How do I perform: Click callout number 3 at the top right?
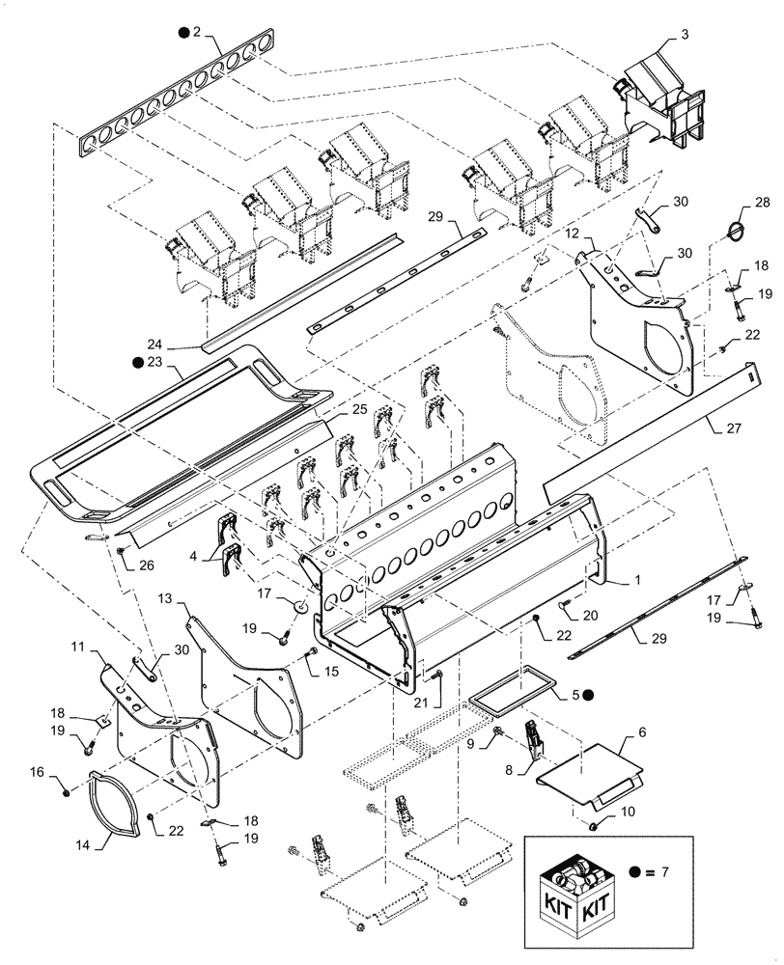pyautogui.click(x=684, y=36)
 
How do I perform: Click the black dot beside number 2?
pyautogui.click(x=182, y=32)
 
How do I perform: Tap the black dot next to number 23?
pyautogui.click(x=139, y=363)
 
